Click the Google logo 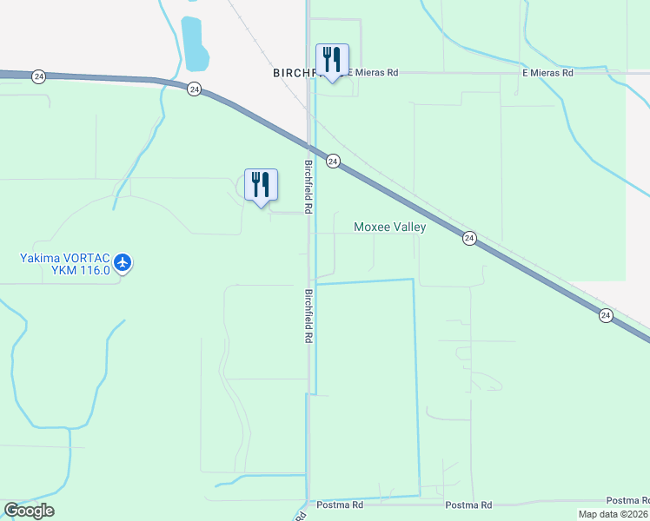tap(29, 511)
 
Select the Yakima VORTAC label tap(65, 257)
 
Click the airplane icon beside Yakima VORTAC tap(123, 261)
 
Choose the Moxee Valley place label tap(389, 228)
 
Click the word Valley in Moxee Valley tap(408, 228)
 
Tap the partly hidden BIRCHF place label tap(292, 74)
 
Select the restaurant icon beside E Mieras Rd tap(332, 59)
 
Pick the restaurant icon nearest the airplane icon tap(261, 184)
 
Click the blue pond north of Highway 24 tap(195, 43)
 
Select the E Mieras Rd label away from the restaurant tap(547, 74)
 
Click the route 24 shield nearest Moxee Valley tap(468, 238)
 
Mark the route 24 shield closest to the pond tap(194, 89)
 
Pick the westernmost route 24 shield tap(38, 77)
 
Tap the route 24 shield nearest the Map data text tap(605, 316)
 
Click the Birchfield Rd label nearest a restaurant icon tap(308, 187)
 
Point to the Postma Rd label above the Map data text tap(627, 500)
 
